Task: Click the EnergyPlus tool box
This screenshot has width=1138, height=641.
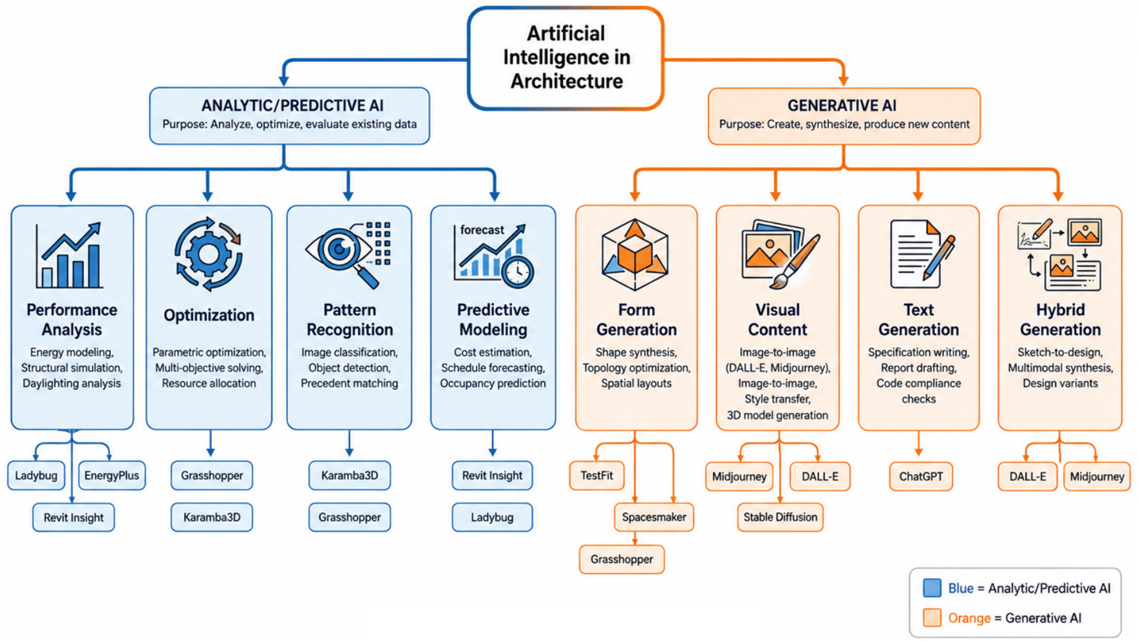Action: pos(111,475)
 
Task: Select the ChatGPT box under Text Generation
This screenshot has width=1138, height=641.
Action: pos(920,477)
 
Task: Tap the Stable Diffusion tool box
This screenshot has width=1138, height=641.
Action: pos(780,517)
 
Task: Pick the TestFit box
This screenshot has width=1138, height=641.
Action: pos(596,475)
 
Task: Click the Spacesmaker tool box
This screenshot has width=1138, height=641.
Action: pos(654,517)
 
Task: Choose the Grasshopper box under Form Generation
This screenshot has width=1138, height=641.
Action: pos(621,559)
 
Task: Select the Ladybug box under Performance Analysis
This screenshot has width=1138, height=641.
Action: pos(36,475)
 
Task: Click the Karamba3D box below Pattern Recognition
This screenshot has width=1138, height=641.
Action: pos(349,475)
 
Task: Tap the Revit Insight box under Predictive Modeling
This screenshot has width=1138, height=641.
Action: pos(492,475)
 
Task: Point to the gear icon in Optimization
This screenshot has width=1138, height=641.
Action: pos(208,254)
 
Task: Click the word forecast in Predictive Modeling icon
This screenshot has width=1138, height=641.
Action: pos(482,230)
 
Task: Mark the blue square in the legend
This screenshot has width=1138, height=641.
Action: pos(932,588)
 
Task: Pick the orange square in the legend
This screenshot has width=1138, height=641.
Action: pos(932,618)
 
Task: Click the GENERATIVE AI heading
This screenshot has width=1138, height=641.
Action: pos(842,106)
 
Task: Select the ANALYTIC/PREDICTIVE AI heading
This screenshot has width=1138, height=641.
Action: pos(292,106)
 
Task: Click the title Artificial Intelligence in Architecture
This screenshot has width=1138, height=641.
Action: pos(567,57)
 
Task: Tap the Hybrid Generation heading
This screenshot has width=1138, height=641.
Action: pos(1060,320)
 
